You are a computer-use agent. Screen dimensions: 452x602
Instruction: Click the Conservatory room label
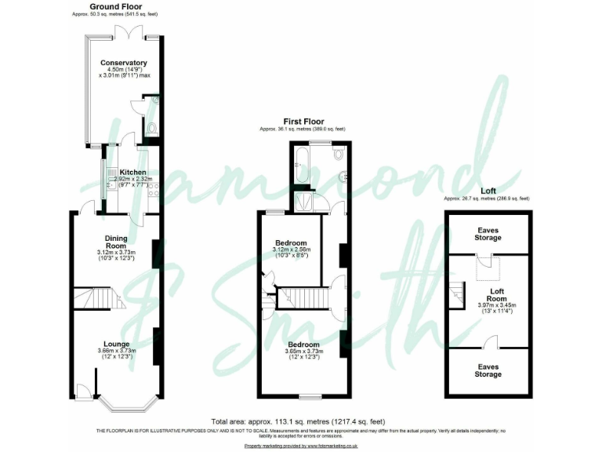point(123,63)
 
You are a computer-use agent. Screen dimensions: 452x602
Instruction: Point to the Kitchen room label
point(132,172)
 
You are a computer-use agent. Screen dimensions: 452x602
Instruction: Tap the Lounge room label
point(116,343)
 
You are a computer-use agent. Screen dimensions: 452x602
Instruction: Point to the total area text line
point(298,421)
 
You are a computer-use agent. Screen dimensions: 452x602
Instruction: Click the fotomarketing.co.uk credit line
point(301,445)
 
